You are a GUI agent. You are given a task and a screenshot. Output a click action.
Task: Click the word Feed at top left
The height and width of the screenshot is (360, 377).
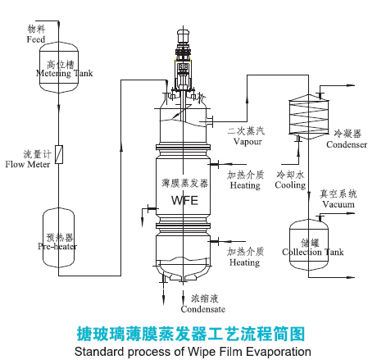pos(35,39)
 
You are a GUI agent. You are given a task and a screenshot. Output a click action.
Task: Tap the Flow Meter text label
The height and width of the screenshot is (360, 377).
pos(26,164)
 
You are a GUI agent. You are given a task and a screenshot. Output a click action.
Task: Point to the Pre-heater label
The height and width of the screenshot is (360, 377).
pos(56,244)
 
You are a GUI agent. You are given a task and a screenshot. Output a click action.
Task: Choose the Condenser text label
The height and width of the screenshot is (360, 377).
pos(346,145)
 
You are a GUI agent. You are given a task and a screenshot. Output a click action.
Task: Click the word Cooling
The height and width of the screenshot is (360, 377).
pos(289,185)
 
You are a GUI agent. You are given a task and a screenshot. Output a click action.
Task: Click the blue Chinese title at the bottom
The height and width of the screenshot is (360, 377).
pos(189,333)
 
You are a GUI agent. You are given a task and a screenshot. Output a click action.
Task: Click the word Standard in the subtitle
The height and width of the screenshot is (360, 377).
pos(97,351)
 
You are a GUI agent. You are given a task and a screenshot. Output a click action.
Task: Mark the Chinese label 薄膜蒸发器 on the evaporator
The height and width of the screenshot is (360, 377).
pos(186,181)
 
